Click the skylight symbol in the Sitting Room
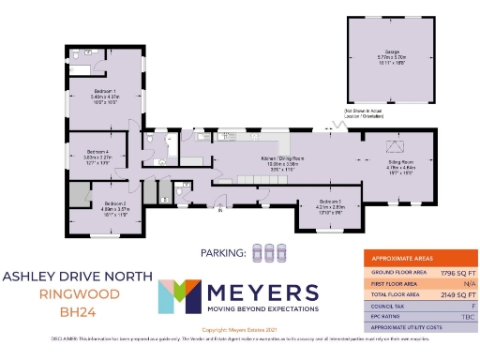[397, 146]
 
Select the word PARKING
[223, 251]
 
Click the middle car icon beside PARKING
[269, 251]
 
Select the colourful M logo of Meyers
[178, 297]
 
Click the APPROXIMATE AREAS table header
[403, 258]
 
